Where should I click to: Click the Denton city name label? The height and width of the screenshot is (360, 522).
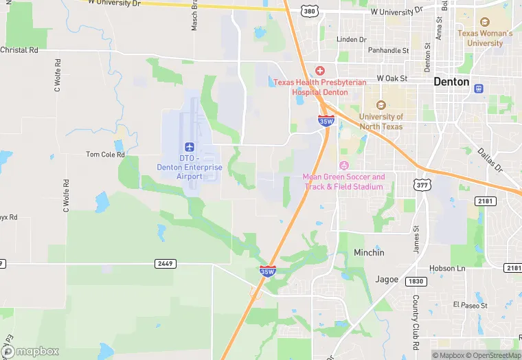click(451, 82)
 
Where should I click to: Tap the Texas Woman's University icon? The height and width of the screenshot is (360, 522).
click(485, 23)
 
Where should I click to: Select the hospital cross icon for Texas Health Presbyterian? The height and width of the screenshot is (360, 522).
click(319, 71)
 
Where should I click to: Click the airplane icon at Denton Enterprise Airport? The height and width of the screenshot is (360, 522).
click(190, 147)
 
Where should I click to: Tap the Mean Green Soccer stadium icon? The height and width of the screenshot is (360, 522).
click(344, 166)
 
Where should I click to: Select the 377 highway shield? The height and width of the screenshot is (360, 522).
click(422, 185)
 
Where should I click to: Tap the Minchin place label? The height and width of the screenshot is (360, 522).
click(369, 253)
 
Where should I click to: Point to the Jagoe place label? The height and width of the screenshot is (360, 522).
click(387, 279)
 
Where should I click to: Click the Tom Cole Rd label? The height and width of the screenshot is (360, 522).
click(105, 155)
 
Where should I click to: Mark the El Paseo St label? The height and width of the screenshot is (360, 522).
click(470, 304)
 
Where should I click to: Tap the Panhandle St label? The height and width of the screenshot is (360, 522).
click(388, 50)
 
